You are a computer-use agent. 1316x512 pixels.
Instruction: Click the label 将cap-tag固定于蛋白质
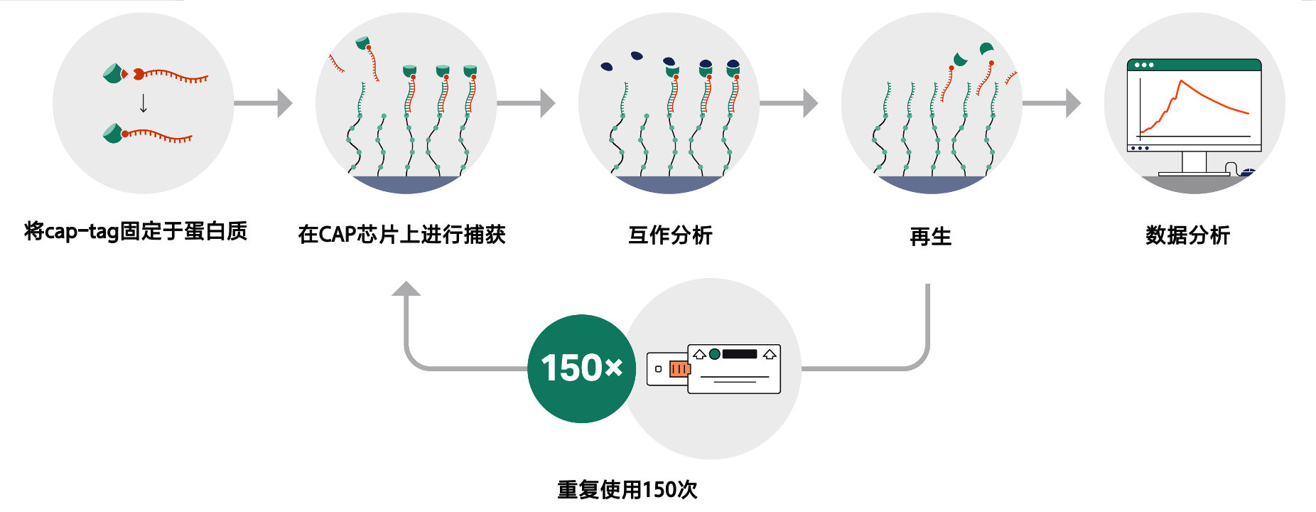136,231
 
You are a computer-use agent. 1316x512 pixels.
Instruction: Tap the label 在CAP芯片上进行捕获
401,234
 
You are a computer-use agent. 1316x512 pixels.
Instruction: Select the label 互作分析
670,235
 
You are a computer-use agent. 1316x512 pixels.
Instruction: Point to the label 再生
930,236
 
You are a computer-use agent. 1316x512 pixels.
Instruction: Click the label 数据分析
1187,235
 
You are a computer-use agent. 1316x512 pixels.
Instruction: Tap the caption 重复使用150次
627,489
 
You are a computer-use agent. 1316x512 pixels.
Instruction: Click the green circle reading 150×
581,368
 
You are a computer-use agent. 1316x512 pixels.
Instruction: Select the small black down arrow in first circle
144,104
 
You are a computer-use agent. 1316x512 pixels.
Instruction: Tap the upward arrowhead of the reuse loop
406,289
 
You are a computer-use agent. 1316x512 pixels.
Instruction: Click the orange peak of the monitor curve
1180,82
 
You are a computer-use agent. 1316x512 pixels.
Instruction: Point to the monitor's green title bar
1194,65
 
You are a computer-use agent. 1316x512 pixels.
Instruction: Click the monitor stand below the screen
1194,164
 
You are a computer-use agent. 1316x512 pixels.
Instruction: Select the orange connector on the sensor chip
679,369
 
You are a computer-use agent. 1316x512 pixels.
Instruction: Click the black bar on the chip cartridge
740,354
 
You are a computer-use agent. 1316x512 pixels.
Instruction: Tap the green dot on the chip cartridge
715,354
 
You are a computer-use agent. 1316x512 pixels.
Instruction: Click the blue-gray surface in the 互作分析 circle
669,184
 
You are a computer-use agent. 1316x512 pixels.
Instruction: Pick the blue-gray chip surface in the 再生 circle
932,184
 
